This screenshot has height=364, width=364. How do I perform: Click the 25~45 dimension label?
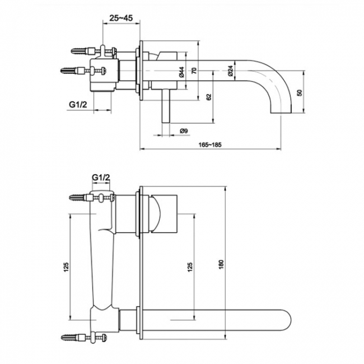tap(121, 18)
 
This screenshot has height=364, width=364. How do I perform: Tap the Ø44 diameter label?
tap(181, 72)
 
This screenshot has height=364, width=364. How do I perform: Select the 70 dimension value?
tap(194, 71)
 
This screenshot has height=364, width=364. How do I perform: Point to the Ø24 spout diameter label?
tap(230, 71)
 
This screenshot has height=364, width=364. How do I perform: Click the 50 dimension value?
tap(300, 92)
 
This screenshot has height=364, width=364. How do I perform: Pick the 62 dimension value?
tap(209, 97)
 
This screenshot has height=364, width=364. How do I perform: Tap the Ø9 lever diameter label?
tap(184, 131)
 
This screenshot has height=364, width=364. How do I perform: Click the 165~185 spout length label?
tap(211, 144)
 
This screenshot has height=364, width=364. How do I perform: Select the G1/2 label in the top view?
tap(78, 105)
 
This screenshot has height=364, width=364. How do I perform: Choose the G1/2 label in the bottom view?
tap(101, 178)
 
